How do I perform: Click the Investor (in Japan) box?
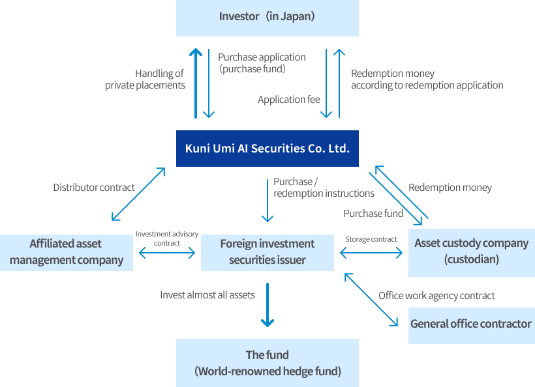coord(267,18)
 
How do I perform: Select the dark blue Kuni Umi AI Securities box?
coord(267,149)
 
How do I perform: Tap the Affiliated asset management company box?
coord(66,252)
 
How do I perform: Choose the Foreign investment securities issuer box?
coord(267,252)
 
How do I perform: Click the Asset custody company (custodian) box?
coord(472,252)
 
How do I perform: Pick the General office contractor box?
coord(472,326)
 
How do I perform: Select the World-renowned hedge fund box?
coord(267,363)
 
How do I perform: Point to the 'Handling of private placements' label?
coord(145,79)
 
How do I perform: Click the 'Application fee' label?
coord(289,100)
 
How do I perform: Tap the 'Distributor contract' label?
coord(94,188)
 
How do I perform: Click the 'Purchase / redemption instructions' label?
coord(324,188)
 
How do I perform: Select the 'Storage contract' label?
coord(371,239)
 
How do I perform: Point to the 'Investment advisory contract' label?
coord(167,238)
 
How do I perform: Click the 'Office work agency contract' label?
coord(436,296)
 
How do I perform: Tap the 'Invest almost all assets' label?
coord(207,295)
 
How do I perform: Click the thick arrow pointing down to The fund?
coord(267,305)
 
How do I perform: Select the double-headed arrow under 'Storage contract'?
coord(371,253)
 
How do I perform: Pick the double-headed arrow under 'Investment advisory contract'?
coord(167,253)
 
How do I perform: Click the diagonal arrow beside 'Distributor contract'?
coord(138,194)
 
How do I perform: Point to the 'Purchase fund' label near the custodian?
coord(373,214)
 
